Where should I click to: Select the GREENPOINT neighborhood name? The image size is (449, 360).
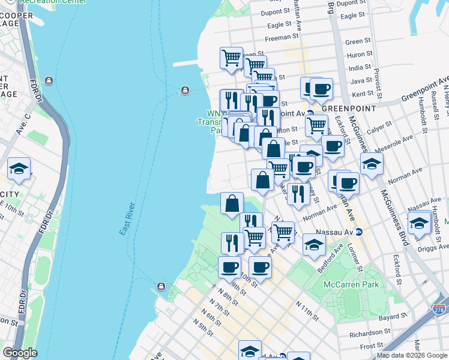coord(348,108)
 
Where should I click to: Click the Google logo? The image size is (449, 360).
coord(20,353)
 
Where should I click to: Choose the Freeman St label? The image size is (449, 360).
coord(277,37)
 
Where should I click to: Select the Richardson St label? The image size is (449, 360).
coord(360,332)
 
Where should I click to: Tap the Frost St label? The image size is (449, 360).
coord(373,346)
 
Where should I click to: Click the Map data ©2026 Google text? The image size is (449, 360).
coord(411,355)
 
